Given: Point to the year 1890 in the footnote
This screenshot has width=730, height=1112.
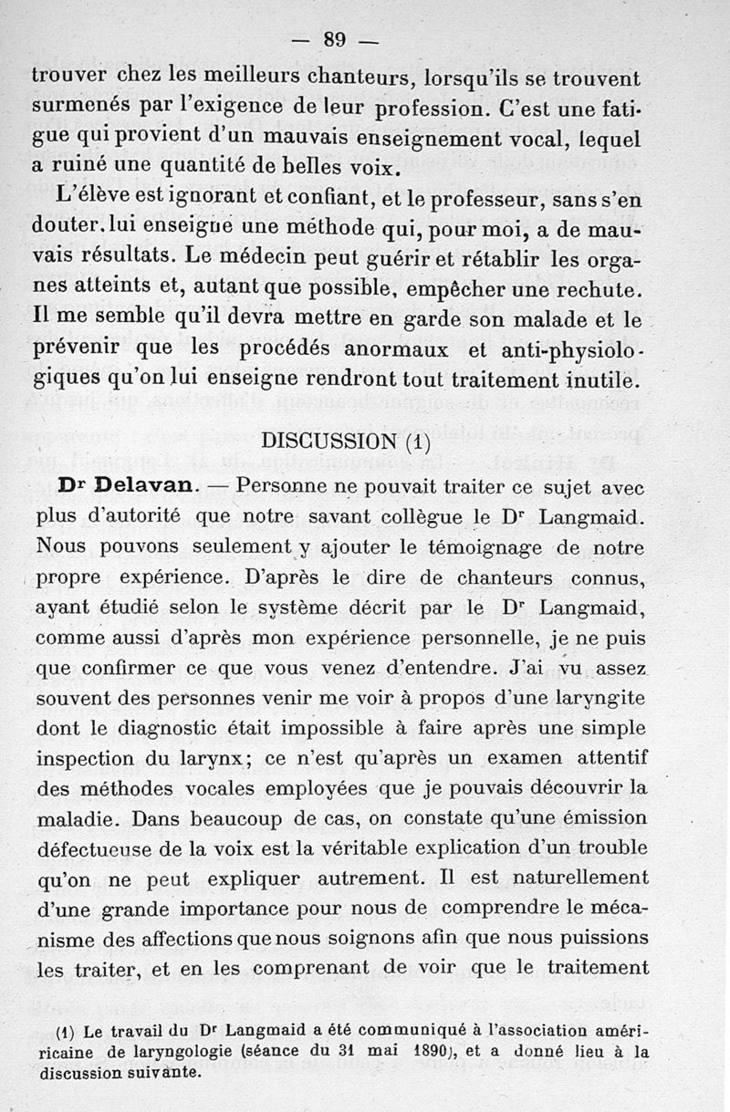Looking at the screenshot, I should click(x=443, y=1050).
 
